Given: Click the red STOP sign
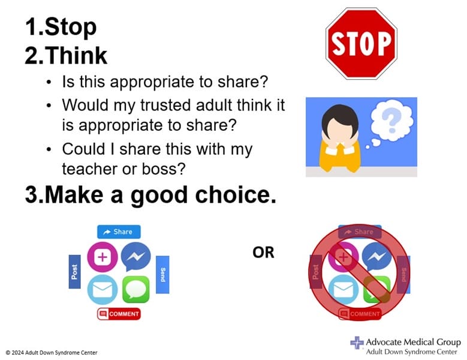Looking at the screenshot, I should [x=361, y=43].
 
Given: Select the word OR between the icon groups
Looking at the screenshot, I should [x=263, y=253].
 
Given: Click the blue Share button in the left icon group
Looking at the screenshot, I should [x=119, y=232].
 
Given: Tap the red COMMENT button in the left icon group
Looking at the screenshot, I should [x=119, y=314].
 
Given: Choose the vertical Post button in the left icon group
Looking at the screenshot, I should [x=74, y=272].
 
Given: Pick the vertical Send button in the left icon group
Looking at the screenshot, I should [x=162, y=275].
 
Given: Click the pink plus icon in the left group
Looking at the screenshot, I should [x=102, y=257].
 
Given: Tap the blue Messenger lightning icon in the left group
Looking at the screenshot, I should [x=135, y=257].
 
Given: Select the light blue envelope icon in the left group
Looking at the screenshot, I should [x=102, y=289].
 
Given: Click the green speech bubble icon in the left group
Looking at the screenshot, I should [x=135, y=289].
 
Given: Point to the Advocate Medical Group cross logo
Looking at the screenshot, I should [x=357, y=343].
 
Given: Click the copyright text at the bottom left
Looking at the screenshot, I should [x=52, y=352].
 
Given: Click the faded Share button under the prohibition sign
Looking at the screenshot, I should [x=360, y=232].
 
